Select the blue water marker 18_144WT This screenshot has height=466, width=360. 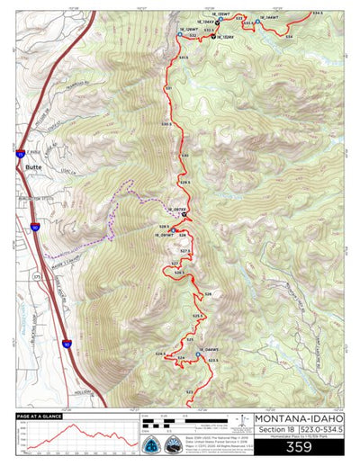(257, 21)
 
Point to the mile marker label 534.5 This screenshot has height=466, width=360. (317, 13)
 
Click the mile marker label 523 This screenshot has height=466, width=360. (189, 392)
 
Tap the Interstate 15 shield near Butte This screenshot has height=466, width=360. (19, 154)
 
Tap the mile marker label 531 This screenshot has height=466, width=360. (167, 88)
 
